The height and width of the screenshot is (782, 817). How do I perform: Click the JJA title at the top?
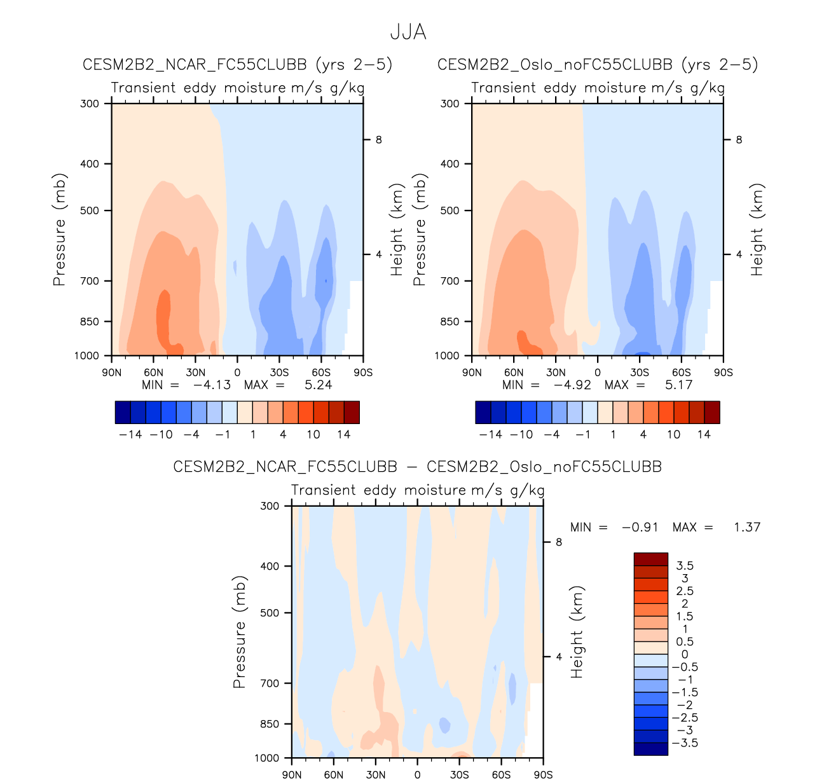[408, 32]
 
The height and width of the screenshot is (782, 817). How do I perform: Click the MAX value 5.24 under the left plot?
[318, 385]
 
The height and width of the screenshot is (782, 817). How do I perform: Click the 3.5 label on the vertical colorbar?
[685, 565]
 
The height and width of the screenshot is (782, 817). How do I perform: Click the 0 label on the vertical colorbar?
[685, 654]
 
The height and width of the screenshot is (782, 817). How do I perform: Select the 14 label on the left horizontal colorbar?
[343, 434]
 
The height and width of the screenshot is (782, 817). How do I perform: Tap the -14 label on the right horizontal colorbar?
[490, 434]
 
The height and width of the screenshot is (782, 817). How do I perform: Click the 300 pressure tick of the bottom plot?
[270, 506]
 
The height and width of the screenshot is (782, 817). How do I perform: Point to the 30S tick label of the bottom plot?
[459, 774]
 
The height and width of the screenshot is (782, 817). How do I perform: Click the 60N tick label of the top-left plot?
[153, 373]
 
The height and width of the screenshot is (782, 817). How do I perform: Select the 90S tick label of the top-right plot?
[723, 373]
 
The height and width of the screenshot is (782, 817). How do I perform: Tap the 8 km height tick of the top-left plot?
[379, 140]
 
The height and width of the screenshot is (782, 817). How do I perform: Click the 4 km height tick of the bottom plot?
[560, 657]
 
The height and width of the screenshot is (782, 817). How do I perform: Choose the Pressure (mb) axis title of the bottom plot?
[239, 633]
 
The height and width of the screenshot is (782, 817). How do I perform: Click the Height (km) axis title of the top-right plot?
[757, 230]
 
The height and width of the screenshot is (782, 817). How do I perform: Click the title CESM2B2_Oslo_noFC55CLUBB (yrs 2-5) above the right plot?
[598, 64]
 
